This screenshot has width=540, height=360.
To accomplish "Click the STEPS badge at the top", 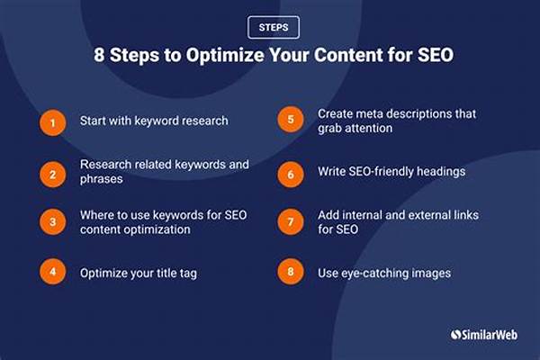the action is [x=274, y=27].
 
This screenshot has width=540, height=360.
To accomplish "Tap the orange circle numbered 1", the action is [x=53, y=123].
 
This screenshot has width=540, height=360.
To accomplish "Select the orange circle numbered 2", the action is [x=53, y=175].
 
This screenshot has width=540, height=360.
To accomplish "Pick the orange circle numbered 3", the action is [x=53, y=222].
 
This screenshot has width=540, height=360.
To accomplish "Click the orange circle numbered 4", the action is [x=53, y=272].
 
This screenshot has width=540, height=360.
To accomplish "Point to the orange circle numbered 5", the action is [x=291, y=120].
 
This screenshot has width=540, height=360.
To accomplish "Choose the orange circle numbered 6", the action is [x=291, y=175].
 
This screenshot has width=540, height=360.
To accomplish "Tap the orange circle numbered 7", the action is [x=291, y=222].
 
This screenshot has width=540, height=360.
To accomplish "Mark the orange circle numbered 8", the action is [x=291, y=272].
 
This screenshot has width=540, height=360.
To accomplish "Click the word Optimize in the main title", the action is [x=226, y=55].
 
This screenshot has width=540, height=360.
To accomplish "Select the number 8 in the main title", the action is [x=99, y=55].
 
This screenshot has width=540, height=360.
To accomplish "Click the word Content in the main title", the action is [x=348, y=55].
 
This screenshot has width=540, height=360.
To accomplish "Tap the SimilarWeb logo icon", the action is [x=455, y=335].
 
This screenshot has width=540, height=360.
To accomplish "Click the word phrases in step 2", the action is [x=101, y=179].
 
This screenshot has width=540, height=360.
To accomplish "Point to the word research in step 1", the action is [x=205, y=121].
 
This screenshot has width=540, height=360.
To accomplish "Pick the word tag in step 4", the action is [x=188, y=274].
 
